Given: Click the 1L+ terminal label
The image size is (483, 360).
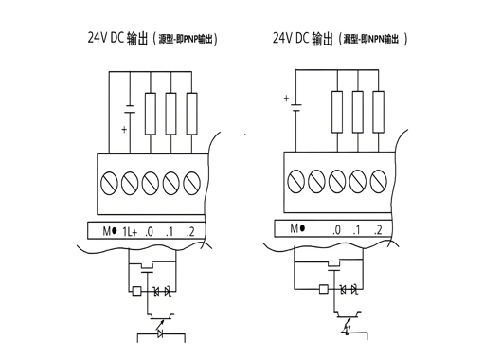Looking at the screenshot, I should [130, 231].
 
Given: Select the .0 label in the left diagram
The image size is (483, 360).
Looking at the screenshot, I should [150, 231].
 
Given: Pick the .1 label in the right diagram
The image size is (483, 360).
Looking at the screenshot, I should [356, 229].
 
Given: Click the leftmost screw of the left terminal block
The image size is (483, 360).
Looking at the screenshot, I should [108, 180].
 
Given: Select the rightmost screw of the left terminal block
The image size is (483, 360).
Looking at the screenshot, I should [192, 180].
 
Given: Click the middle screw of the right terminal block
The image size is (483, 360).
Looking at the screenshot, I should [336, 179].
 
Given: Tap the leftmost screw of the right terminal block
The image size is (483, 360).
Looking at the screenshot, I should [295, 179].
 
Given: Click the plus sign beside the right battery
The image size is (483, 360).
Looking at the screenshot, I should [285, 97].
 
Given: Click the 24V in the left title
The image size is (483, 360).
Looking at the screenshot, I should [98, 39].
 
